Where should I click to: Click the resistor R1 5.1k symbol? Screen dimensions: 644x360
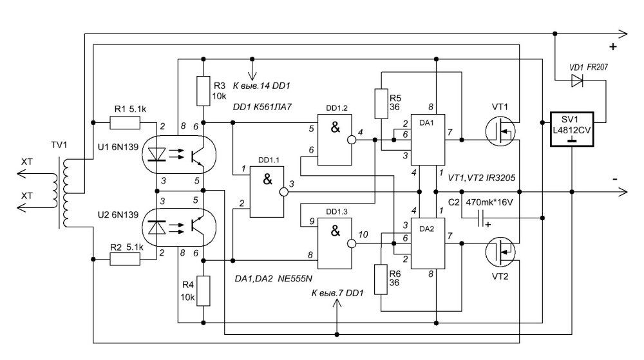125,123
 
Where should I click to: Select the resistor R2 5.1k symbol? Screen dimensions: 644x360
125,259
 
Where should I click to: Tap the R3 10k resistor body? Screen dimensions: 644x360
204,91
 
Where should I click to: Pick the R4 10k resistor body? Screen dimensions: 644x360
204,291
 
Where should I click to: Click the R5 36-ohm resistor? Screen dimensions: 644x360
381,104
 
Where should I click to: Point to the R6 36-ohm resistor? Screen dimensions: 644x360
381,279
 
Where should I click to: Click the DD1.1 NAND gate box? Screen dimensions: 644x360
267,192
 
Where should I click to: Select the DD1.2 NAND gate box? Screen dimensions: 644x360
335,140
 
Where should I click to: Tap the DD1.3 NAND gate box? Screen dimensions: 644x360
335,243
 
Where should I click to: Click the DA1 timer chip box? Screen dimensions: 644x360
428,140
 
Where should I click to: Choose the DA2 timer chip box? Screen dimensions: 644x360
428,243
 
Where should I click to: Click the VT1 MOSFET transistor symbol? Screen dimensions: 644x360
500,131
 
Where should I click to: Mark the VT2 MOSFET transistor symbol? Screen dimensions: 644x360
500,252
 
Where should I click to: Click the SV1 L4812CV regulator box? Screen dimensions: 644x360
572,129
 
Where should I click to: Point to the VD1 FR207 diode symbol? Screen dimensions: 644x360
577,81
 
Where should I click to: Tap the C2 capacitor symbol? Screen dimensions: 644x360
481,218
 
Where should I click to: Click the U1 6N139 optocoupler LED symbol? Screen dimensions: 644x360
156,155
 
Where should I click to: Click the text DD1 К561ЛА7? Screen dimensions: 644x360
262,107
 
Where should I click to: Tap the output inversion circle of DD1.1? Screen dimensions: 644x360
284,192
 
